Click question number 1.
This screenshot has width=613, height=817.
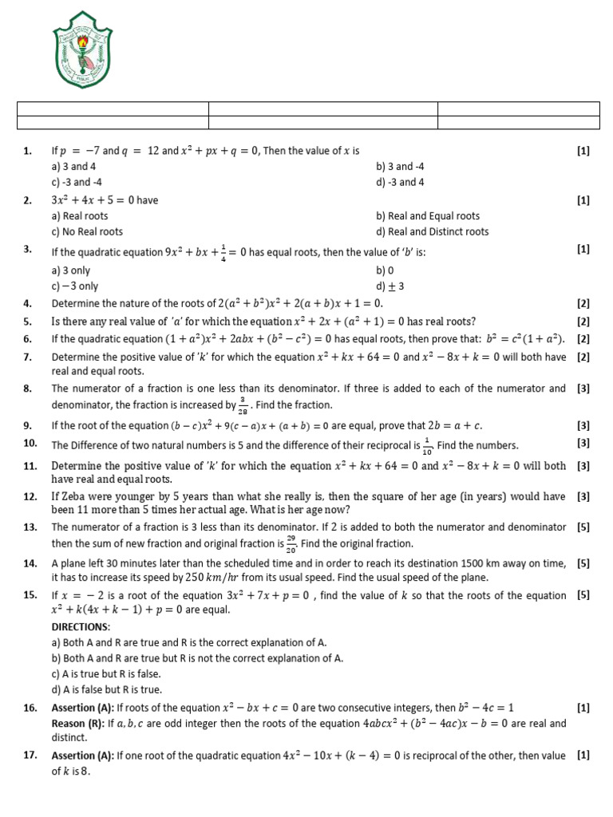tap(27, 150)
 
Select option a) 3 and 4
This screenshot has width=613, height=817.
tap(73, 167)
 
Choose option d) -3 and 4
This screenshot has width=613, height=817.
tap(400, 182)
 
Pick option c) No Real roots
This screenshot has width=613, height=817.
tap(87, 231)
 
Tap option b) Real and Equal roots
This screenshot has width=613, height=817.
tap(428, 215)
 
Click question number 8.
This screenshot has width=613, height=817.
tap(27, 389)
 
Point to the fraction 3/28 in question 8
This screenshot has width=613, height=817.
tap(242, 405)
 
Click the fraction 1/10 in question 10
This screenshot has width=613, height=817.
tap(429, 445)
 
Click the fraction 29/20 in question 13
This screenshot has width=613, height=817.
tap(291, 543)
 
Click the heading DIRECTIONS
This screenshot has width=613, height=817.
tap(81, 627)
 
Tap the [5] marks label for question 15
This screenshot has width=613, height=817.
tap(583, 595)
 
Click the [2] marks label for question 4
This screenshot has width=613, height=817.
tap(583, 304)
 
